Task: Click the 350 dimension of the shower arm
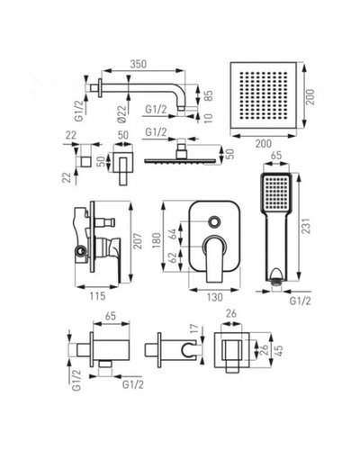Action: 139,64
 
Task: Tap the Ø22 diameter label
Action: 121,114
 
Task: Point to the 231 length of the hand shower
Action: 307,225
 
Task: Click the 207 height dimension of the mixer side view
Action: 138,240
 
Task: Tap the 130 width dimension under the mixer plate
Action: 215,297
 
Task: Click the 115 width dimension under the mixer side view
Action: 98,296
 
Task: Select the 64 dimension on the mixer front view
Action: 173,235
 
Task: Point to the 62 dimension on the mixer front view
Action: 173,257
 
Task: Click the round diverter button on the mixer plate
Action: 215,222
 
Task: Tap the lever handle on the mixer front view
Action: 215,259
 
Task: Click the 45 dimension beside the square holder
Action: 278,350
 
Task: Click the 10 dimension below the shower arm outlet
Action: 209,118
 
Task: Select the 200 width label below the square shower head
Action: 263,144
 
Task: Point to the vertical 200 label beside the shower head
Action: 310,96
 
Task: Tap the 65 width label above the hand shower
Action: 276,156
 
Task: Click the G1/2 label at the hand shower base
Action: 301,301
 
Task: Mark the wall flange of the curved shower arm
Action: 99,88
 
